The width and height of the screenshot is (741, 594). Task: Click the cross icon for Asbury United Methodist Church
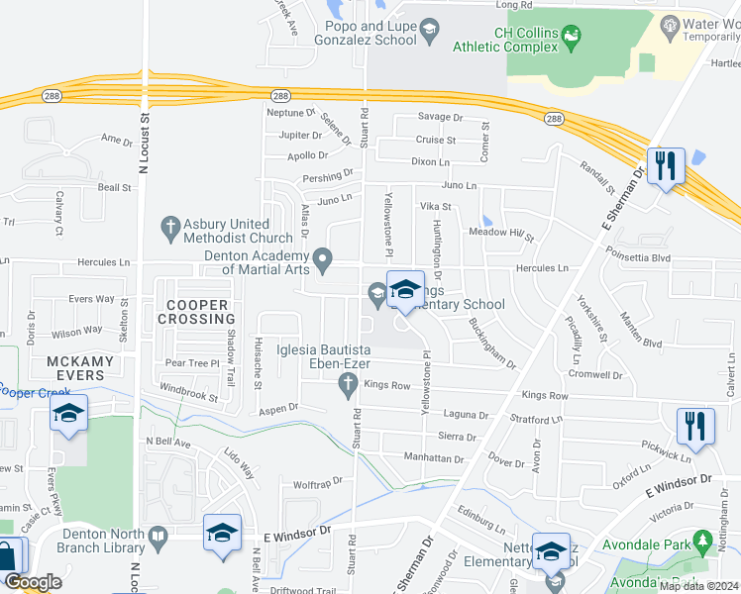click(x=169, y=229)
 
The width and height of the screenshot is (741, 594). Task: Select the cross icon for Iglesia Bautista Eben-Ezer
click(x=347, y=383)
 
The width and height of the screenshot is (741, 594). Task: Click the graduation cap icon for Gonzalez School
click(x=429, y=32)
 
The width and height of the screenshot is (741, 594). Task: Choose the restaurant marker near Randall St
click(x=666, y=165)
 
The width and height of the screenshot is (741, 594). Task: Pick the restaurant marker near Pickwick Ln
click(x=695, y=427)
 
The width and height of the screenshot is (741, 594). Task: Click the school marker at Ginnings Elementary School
click(x=404, y=291)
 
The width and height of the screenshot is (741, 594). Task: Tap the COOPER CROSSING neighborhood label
click(x=201, y=312)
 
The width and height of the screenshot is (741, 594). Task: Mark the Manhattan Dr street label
click(x=434, y=458)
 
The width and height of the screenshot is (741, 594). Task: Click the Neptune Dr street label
click(x=290, y=113)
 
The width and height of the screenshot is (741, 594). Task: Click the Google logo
click(x=33, y=583)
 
